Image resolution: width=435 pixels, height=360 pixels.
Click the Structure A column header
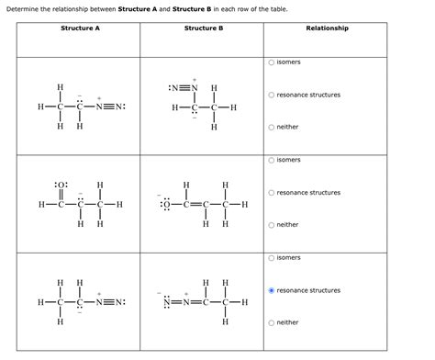80,28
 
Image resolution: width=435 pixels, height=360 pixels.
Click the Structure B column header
203,28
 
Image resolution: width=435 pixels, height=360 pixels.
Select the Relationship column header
327,28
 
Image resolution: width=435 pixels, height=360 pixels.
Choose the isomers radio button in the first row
271,62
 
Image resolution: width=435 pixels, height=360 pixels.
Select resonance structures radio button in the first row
271,95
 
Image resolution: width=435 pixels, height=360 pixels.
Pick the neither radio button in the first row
271,127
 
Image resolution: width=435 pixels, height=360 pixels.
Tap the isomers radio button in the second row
271,160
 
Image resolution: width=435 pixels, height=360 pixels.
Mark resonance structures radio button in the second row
271,193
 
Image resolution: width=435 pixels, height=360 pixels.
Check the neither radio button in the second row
271,224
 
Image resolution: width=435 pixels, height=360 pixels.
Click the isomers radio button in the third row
271,258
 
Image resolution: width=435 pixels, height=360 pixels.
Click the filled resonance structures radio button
271,290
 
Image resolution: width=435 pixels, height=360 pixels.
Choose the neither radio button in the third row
271,322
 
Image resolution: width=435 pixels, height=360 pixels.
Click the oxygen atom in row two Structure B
166,204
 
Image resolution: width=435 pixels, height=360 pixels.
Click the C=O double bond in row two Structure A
60,194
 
